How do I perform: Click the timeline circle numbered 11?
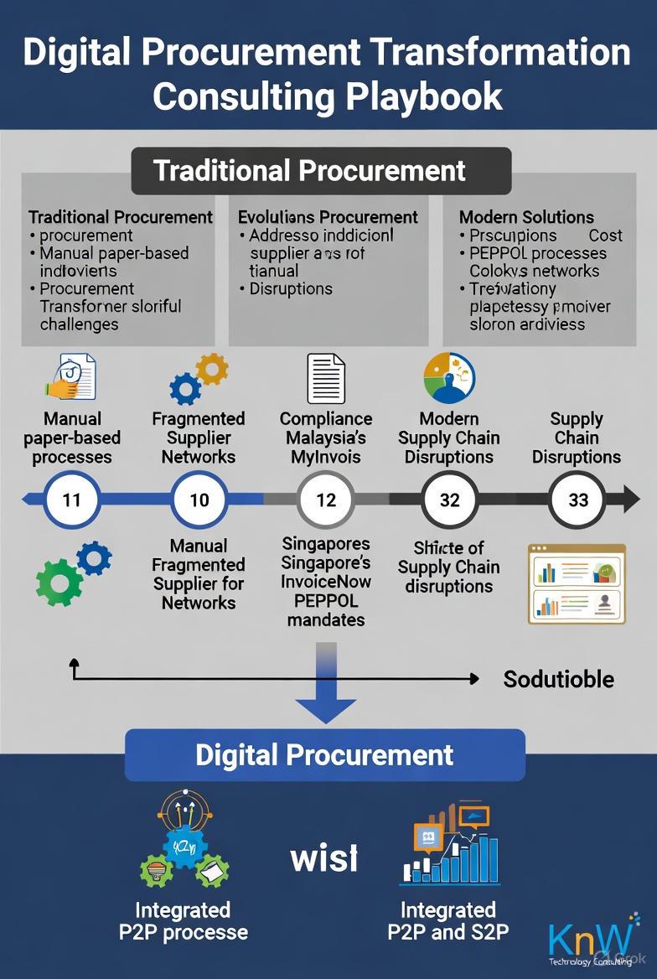(x=72, y=500)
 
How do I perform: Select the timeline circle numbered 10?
(x=199, y=500)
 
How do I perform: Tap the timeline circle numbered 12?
(x=326, y=500)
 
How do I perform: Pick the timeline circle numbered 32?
(x=450, y=500)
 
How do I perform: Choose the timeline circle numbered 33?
(x=578, y=500)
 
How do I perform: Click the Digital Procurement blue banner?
(x=324, y=754)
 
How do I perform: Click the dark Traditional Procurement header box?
(x=321, y=171)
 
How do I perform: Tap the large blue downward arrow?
(x=326, y=683)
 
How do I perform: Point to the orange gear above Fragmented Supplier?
(x=211, y=369)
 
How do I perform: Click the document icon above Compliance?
(x=326, y=378)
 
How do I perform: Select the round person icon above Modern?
(x=449, y=378)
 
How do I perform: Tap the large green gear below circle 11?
(x=59, y=582)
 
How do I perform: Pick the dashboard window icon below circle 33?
(x=577, y=583)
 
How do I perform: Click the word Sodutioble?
(x=558, y=679)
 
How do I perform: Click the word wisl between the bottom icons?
(x=323, y=858)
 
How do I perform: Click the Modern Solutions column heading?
(x=526, y=217)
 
